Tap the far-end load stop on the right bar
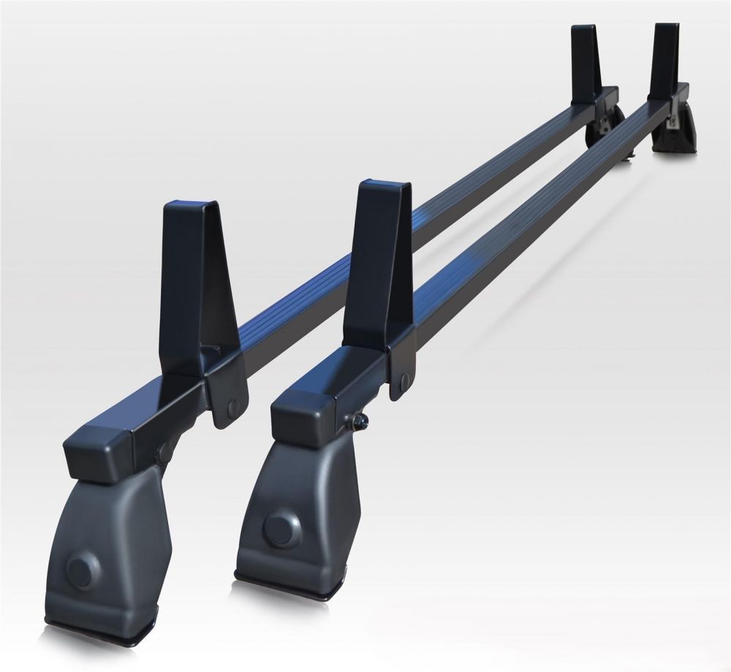(667, 58)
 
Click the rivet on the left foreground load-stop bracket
(232, 407)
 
